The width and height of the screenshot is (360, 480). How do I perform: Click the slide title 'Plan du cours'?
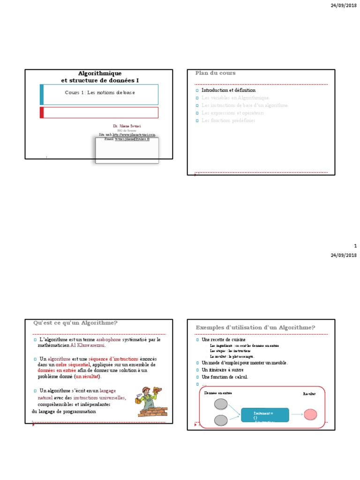pos(215,73)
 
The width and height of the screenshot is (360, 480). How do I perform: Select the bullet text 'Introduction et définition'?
pos(228,90)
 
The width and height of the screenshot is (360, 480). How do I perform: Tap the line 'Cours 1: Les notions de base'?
pos(99,93)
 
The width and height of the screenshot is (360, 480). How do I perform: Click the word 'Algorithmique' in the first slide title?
pos(99,74)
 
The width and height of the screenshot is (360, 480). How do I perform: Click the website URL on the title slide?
pos(127,135)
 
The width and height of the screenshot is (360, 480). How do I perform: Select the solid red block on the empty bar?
pos(42,112)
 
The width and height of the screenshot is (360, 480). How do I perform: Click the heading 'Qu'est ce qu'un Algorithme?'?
pos(75,322)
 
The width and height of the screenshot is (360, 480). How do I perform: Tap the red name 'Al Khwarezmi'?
pos(88,345)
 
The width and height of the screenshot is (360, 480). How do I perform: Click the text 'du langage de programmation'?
pos(64,411)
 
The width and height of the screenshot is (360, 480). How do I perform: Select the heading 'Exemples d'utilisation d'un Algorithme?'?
pos(255,327)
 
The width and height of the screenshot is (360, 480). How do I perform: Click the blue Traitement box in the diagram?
pos(265,415)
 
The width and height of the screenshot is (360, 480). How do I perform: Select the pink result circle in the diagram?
pos(310,414)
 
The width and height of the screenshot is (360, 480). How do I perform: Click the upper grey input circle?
pos(220,405)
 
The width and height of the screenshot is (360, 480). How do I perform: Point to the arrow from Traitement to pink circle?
pos(296,415)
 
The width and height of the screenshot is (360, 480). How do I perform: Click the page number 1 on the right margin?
pos(355,246)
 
